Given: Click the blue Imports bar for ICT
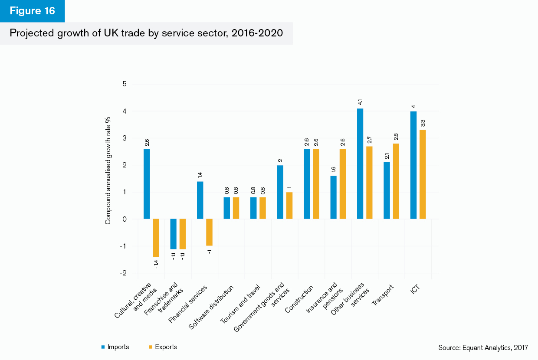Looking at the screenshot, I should point(413,165).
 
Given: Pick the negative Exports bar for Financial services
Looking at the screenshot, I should point(209,232).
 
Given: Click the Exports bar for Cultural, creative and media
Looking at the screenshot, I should point(156,238).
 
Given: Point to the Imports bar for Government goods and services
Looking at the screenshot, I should point(280,192).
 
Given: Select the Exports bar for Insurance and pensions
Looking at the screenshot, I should point(343,184).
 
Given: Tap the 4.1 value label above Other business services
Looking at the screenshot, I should point(360,102).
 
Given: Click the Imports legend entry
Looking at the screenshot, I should point(115,347).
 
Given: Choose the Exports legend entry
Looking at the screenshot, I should point(163,347).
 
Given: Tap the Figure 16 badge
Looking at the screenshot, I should point(33,11).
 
